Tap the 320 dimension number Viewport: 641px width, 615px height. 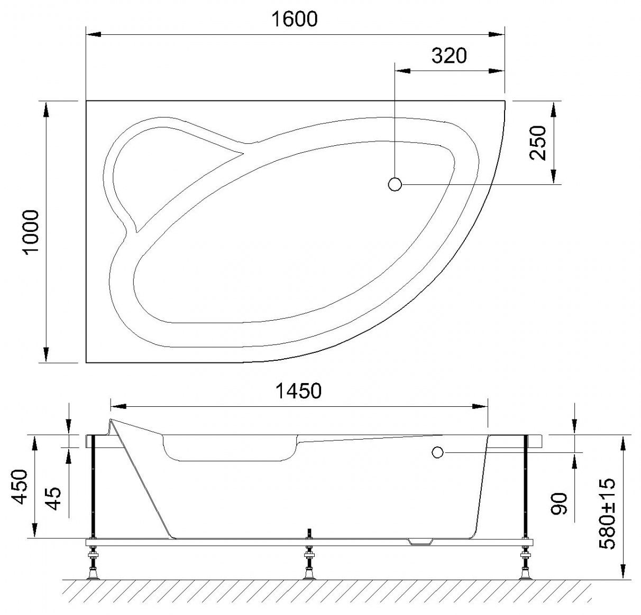pyautogui.click(x=449, y=55)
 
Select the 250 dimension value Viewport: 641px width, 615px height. pyautogui.click(x=537, y=143)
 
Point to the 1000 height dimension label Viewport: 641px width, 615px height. pyautogui.click(x=32, y=232)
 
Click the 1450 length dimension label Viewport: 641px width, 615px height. pyautogui.click(x=298, y=392)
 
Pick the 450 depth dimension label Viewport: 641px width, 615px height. pyautogui.click(x=19, y=487)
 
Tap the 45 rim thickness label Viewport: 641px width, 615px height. pyautogui.click(x=53, y=499)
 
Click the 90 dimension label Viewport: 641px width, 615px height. pyautogui.click(x=559, y=504)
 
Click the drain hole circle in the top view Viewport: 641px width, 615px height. pyautogui.click(x=395, y=184)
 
